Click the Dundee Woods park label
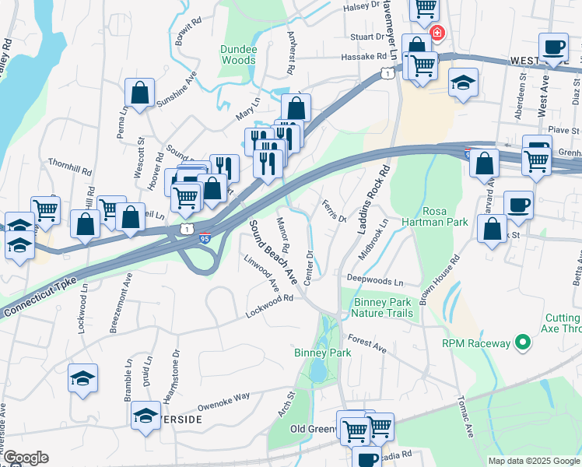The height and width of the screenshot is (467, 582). coord(238,54)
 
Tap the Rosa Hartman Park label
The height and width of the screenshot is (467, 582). coord(445,216)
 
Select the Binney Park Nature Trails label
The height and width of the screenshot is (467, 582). coord(382,307)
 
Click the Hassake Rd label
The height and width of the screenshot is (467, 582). coord(363,57)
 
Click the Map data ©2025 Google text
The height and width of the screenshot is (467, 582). coord(533,461)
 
